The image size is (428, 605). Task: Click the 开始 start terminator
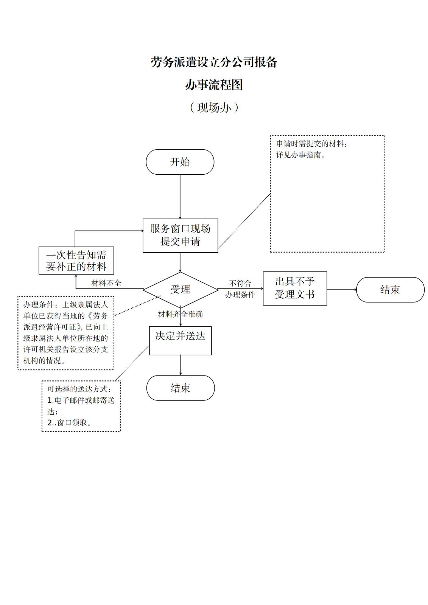tap(180, 162)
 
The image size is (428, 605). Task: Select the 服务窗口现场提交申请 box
tap(180, 235)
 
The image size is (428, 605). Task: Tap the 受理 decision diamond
tap(180, 290)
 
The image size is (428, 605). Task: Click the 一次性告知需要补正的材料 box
tap(76, 261)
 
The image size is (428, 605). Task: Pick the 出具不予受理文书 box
tap(295, 288)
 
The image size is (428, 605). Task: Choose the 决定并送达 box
tap(180, 340)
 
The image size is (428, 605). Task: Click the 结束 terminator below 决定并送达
tap(180, 388)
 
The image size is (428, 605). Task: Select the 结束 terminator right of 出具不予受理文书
tap(390, 290)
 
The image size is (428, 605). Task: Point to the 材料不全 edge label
tap(106, 283)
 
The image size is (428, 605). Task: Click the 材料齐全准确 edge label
tap(180, 314)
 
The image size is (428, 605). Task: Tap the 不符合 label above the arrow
tap(240, 283)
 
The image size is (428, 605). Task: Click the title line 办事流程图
tap(214, 85)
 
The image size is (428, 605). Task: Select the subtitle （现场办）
tap(214, 108)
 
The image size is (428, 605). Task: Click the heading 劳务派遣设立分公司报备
tap(214, 62)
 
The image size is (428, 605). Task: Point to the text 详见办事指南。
tap(301, 155)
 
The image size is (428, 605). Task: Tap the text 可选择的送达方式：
tap(79, 389)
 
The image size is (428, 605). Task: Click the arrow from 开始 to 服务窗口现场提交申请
tap(180, 196)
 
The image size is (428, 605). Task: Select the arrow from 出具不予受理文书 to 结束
tap(341, 290)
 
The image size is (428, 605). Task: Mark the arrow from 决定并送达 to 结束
tap(181, 365)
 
